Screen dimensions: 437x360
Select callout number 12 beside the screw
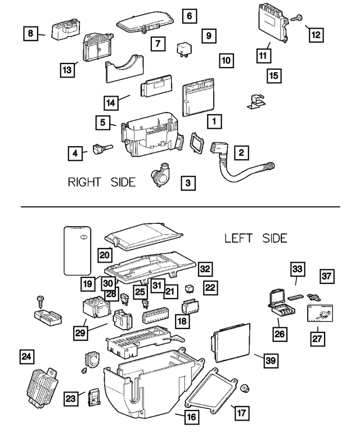coord(316,34)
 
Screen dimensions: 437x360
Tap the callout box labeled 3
coord(188,182)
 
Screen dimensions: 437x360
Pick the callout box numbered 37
coord(327,276)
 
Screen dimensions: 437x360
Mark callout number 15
coord(273,75)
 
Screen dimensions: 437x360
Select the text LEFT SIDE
coord(255,238)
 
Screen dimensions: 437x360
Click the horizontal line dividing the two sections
coord(180,207)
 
